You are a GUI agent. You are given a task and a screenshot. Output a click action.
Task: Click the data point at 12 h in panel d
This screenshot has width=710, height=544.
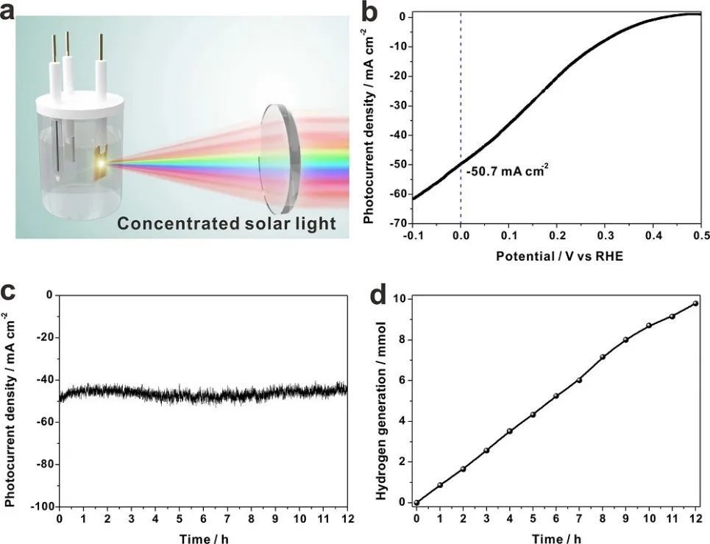point(695,303)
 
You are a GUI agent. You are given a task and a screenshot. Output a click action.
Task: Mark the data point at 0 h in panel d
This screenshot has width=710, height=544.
point(416,503)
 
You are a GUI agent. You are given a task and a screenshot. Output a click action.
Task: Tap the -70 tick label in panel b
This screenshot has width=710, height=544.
point(398,223)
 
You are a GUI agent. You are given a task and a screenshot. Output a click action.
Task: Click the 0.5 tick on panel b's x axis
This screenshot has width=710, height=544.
point(700,236)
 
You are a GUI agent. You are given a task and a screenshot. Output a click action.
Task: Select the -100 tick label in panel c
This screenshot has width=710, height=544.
point(43,507)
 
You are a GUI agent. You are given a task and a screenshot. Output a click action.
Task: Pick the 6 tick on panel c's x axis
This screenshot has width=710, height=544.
point(203,520)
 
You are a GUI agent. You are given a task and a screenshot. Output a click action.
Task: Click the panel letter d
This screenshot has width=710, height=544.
point(380,294)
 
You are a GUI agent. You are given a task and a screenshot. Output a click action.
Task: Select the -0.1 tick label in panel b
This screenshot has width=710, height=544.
point(413,236)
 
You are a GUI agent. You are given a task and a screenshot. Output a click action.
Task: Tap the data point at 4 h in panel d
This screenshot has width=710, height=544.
point(509,431)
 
